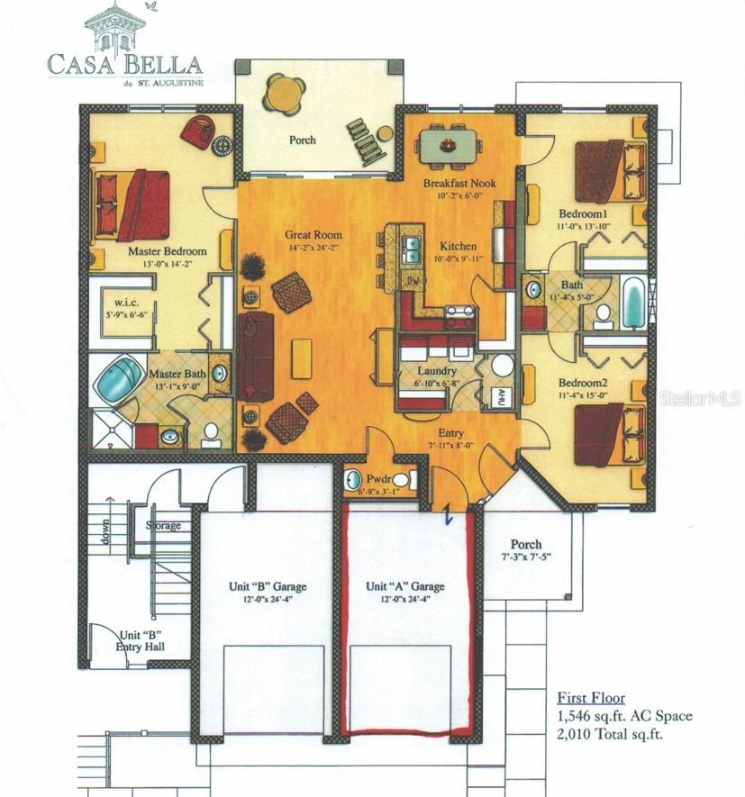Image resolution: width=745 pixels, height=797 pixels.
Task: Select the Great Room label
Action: (x=314, y=236)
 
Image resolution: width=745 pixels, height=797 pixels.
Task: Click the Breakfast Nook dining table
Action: (x=448, y=144)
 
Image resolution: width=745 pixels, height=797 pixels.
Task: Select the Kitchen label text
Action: (x=459, y=247)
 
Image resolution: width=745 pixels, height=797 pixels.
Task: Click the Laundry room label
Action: (x=437, y=370)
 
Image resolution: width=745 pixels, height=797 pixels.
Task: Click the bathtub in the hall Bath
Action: (x=634, y=303)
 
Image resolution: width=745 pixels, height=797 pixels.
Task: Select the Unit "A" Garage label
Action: (x=404, y=586)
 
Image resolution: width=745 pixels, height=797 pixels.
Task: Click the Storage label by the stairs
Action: (x=163, y=525)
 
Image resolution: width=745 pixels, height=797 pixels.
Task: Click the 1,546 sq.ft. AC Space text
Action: (x=624, y=716)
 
